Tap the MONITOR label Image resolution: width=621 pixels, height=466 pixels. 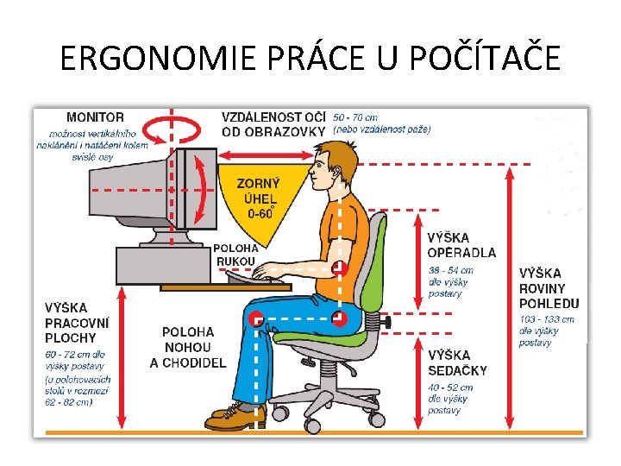[95, 116]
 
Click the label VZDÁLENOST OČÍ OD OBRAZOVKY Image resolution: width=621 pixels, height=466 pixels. [273, 123]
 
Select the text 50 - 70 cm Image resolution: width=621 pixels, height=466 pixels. [355, 116]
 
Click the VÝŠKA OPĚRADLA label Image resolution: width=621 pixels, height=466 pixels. [461, 245]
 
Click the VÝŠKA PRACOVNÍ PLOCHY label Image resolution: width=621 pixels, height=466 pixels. [78, 322]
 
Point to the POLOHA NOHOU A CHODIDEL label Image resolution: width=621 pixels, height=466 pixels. [188, 348]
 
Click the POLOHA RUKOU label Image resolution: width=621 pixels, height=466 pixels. [234, 255]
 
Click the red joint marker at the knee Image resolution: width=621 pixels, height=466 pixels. [256, 319]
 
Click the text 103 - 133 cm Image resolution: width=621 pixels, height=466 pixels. [546, 319]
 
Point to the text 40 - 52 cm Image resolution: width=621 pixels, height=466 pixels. [448, 387]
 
